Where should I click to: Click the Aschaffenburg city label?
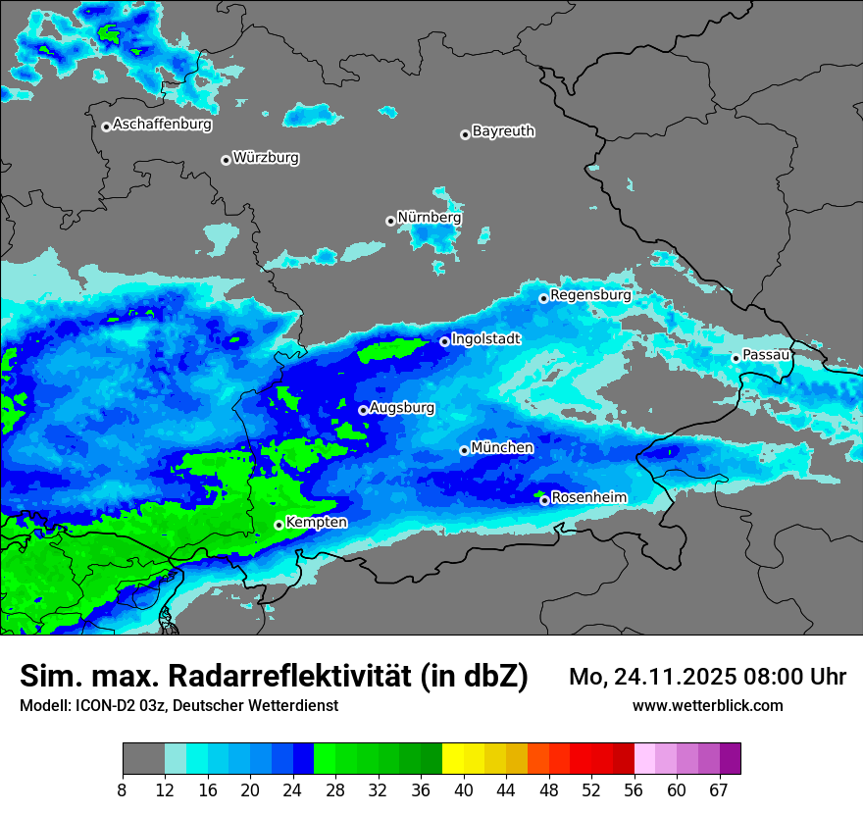tap(162, 125)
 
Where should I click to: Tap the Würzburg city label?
tap(266, 158)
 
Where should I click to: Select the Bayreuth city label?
tap(503, 131)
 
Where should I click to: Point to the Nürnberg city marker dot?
tap(390, 221)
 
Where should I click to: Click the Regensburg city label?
tap(590, 295)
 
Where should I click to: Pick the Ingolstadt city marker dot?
tap(444, 341)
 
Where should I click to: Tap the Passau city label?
tap(766, 355)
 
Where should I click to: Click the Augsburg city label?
tap(402, 408)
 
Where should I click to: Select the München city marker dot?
tap(464, 450)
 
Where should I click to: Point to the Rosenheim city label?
tap(588, 498)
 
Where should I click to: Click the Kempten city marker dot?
tap(279, 525)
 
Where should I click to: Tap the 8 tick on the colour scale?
tap(123, 789)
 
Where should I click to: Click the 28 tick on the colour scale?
tap(335, 789)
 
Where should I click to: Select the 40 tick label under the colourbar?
tap(463, 789)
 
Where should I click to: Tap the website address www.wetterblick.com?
tap(707, 705)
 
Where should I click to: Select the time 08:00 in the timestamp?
tap(783, 677)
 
